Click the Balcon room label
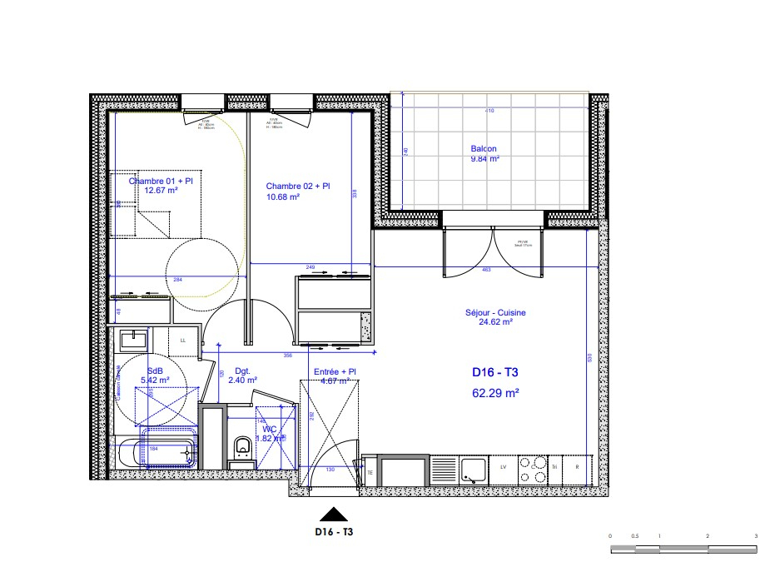484,150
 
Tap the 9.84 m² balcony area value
484,159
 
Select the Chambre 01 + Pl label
161,181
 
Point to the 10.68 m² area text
281,196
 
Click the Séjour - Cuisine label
495,313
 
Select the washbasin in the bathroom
133,340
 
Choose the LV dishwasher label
504,468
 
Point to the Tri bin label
555,468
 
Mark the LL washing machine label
183,340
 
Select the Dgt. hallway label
243,371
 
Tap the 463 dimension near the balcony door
486,270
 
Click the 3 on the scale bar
755,535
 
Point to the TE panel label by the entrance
370,472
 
